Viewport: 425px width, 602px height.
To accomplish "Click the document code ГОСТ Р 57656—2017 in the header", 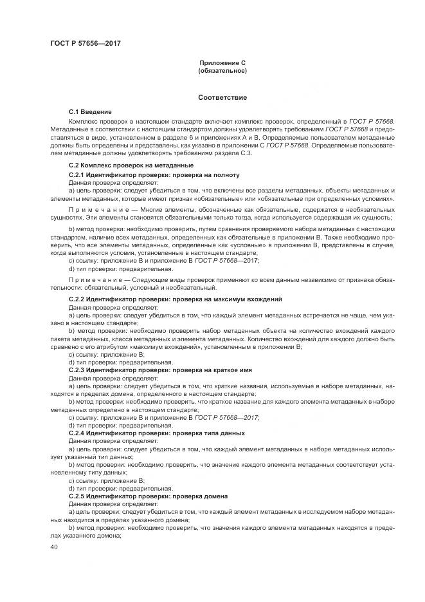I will (x=86, y=44).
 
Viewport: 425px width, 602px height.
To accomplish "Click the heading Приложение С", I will (x=222, y=63).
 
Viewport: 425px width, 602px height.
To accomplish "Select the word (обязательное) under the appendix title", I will (x=222, y=70).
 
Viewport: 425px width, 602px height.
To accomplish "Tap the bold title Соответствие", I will (x=222, y=97).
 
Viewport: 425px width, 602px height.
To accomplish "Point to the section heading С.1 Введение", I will (x=90, y=112).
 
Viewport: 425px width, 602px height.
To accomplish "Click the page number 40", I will (x=54, y=547).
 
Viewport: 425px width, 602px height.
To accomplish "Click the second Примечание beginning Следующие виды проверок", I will (x=92, y=281).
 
